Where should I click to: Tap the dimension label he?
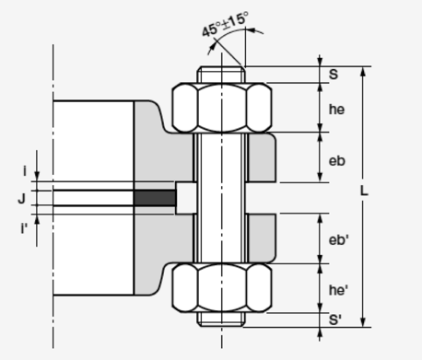coord(337,109)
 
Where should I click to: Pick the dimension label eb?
coord(337,160)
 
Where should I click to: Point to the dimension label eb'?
coord(339,239)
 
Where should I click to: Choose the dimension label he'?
coord(339,290)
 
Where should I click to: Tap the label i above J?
coord(24,170)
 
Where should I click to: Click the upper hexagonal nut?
coord(221,108)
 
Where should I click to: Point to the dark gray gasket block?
coord(154,197)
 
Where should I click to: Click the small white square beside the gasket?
coord(184,197)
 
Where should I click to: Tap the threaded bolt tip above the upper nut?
coord(221,75)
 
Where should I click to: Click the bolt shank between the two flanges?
coord(221,197)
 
